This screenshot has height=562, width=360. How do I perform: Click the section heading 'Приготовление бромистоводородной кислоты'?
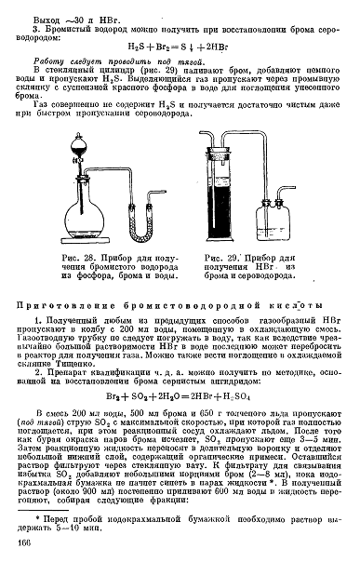[x=171, y=306]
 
